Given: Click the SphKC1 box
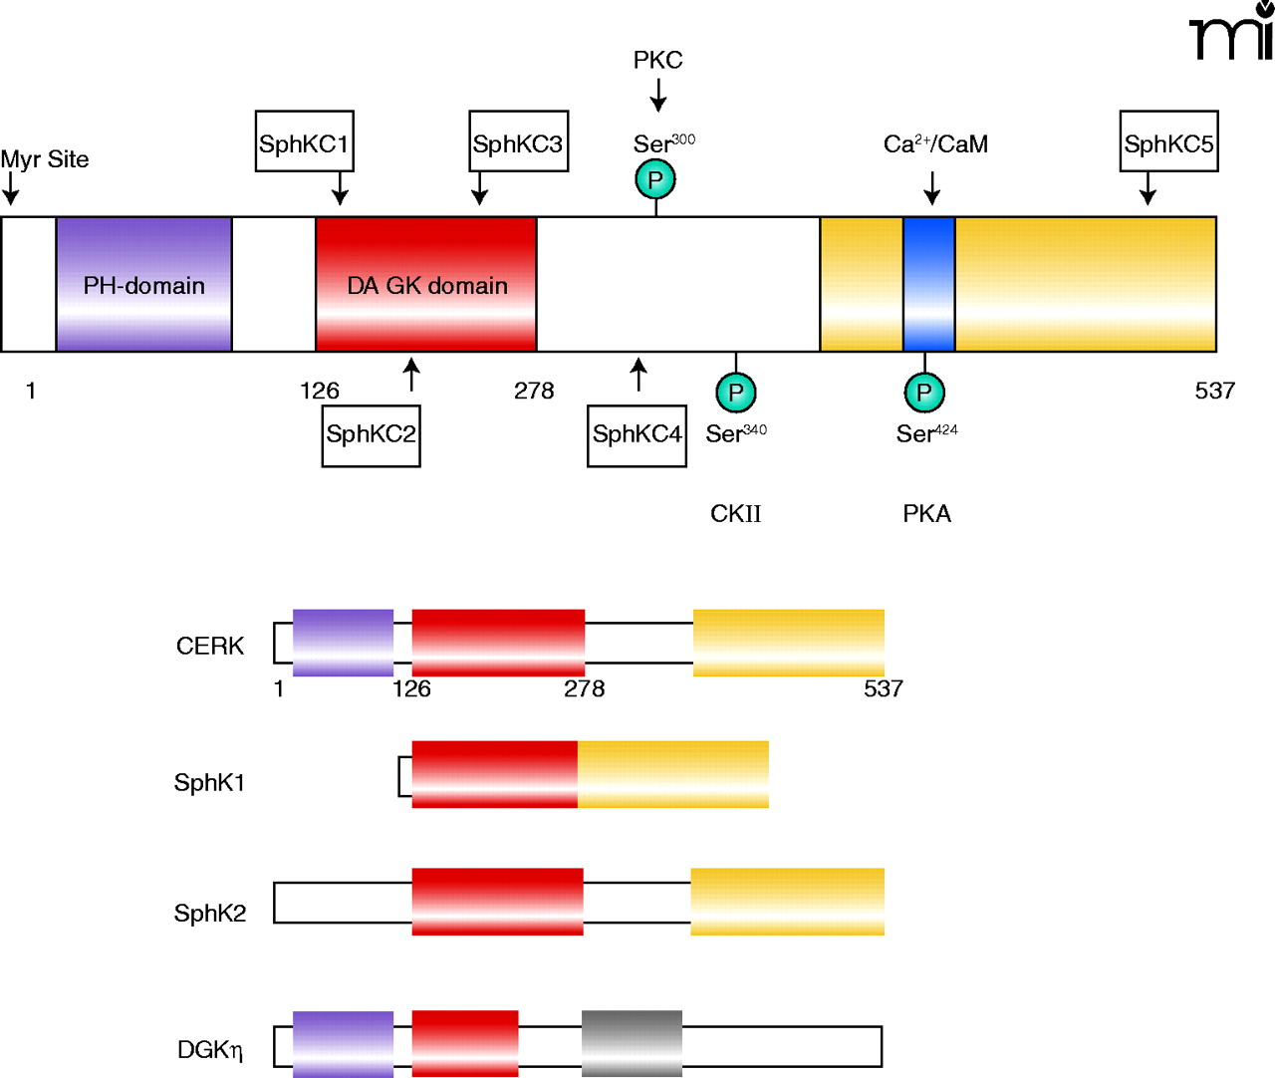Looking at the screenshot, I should pos(304,141).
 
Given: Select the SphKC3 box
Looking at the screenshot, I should pos(518,141).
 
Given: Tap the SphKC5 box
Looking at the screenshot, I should pos(1168,141).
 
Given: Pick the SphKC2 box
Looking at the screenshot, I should pos(371,435).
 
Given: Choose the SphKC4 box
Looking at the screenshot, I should pos(637,435).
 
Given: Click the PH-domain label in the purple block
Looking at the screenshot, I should pos(144,286).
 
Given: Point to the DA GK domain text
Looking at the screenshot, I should pos(427,286).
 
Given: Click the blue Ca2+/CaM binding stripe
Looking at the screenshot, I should pos(928,284).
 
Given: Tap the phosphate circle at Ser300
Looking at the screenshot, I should pos(655,180).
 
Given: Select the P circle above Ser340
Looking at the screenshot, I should pos(736,393).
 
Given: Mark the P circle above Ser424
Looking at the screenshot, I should pos(924,393).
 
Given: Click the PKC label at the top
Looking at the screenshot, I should pos(658,61).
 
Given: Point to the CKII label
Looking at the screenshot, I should pos(735,514).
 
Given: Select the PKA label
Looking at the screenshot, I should pos(926,514).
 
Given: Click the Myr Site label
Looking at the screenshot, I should pos(45,159).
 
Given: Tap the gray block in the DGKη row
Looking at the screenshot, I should pos(632,1043).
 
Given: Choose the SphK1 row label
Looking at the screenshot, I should pos(209,783).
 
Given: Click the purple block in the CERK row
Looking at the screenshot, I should pos(343,643).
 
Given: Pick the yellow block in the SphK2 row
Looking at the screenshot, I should pos(787,902).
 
